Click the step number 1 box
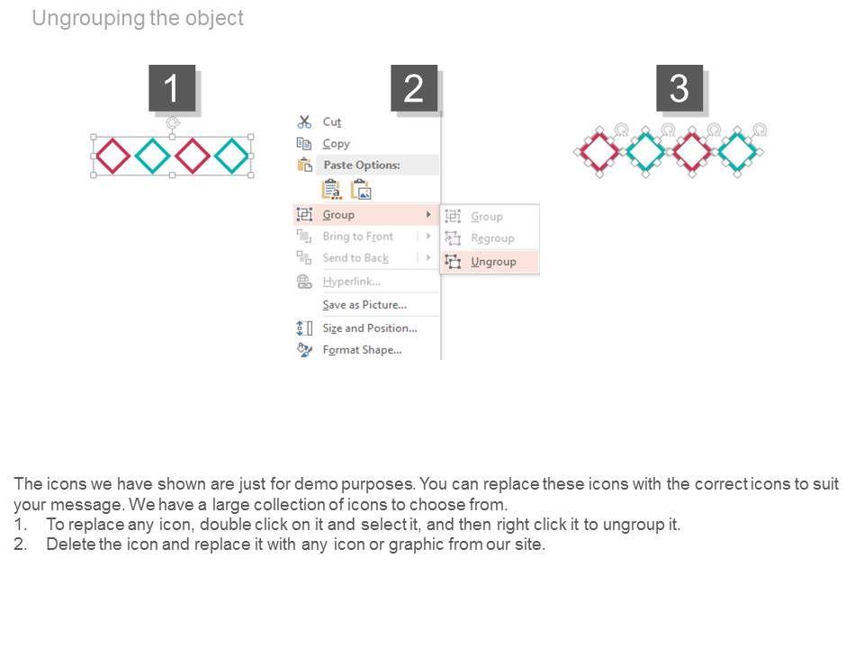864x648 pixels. click(x=172, y=88)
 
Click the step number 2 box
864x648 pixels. click(x=414, y=88)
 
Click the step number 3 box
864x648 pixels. click(x=679, y=88)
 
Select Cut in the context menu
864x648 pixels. click(x=332, y=121)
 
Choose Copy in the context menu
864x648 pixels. click(x=336, y=144)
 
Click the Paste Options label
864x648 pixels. click(x=362, y=165)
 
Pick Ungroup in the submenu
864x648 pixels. click(x=493, y=262)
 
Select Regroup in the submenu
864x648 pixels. click(x=492, y=238)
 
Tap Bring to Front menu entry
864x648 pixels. click(x=357, y=237)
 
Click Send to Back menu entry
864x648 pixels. click(x=355, y=258)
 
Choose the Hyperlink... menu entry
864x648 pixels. click(x=352, y=282)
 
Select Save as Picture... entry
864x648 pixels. click(x=364, y=305)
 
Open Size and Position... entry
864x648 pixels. click(x=370, y=328)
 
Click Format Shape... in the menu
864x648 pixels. click(x=362, y=350)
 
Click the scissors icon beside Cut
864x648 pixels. click(x=304, y=121)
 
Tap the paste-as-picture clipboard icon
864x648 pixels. click(x=361, y=190)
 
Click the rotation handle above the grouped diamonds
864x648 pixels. click(x=173, y=122)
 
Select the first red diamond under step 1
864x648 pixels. click(x=113, y=156)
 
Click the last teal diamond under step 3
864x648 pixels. click(x=737, y=151)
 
